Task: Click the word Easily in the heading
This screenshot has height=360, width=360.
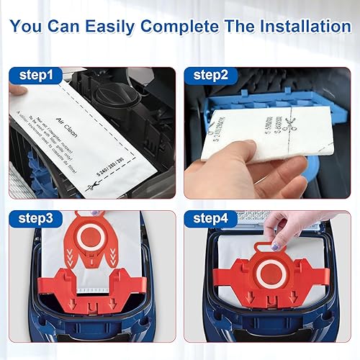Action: coord(114,27)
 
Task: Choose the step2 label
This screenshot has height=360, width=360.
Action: coord(210,76)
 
